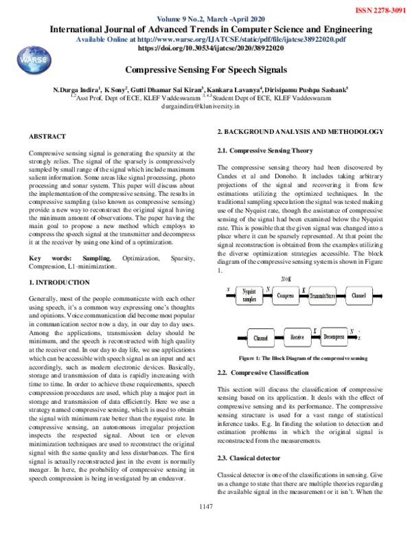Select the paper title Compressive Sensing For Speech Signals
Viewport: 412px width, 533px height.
[x=206, y=70]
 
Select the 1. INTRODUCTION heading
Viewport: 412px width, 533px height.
[x=58, y=282]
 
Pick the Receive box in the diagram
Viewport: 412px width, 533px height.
[x=297, y=338]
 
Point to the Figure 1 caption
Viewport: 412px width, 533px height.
[x=302, y=359]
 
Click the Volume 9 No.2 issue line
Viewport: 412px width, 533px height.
[x=206, y=19]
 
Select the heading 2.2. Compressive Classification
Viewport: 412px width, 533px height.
[x=262, y=372]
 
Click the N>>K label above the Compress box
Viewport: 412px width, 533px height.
[x=286, y=279]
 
